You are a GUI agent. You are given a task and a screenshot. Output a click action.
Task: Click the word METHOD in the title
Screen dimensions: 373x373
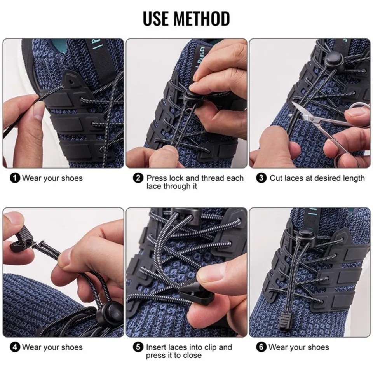[x=202, y=18]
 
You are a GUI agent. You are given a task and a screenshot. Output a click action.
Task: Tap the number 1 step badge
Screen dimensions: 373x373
[x=15, y=178]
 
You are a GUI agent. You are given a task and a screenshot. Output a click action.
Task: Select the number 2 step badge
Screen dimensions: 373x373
[x=138, y=178]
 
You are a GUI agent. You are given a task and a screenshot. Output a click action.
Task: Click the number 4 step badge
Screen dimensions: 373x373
[x=15, y=347]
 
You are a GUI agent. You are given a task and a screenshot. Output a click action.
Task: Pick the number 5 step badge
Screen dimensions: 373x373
[x=138, y=347]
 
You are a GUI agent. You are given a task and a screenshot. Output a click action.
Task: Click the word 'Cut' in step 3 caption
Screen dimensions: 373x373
[x=277, y=178]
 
